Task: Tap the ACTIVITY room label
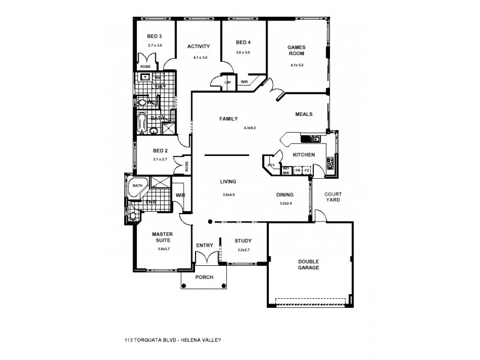[x=198, y=46]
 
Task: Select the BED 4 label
[x=242, y=42]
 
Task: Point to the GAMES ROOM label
[x=297, y=50]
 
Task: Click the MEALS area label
[x=304, y=114]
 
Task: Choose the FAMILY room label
[x=229, y=119]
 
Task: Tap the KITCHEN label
[x=304, y=155]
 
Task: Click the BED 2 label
[x=159, y=151]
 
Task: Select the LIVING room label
[x=228, y=181]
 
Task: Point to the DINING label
[x=285, y=195]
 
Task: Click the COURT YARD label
[x=332, y=197]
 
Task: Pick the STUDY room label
[x=243, y=241]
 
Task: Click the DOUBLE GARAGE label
[x=308, y=264]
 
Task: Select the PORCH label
[x=205, y=278]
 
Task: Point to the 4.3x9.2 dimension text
[x=250, y=128]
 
